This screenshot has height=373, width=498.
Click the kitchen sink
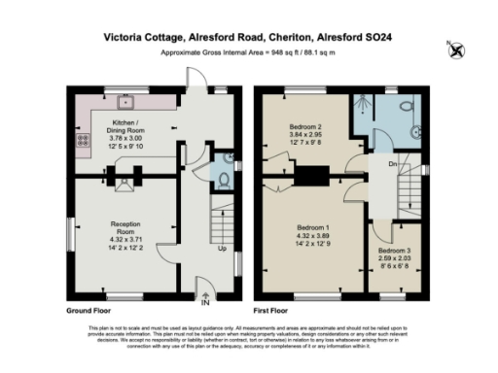point(124,100)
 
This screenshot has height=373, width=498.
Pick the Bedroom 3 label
point(394,251)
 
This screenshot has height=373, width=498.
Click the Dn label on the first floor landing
point(392,165)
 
